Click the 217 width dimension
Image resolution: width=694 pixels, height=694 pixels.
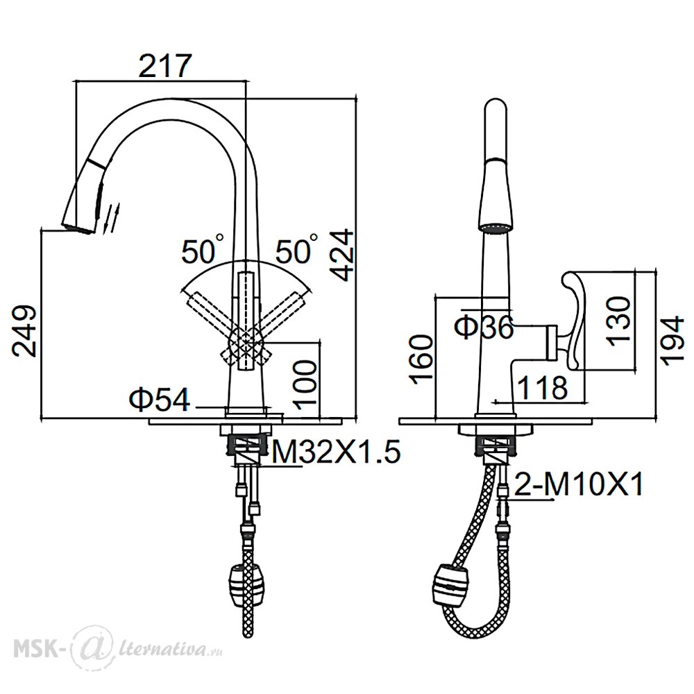click(164, 66)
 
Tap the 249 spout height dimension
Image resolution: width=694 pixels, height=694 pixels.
click(24, 330)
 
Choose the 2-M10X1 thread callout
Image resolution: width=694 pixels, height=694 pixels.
click(579, 484)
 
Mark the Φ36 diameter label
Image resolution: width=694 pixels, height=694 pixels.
click(484, 328)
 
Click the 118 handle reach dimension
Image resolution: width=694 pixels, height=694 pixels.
click(542, 387)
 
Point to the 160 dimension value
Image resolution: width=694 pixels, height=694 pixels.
click(421, 359)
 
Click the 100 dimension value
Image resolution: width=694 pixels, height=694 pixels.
click(305, 383)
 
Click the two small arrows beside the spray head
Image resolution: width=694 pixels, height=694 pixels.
click(111, 218)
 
